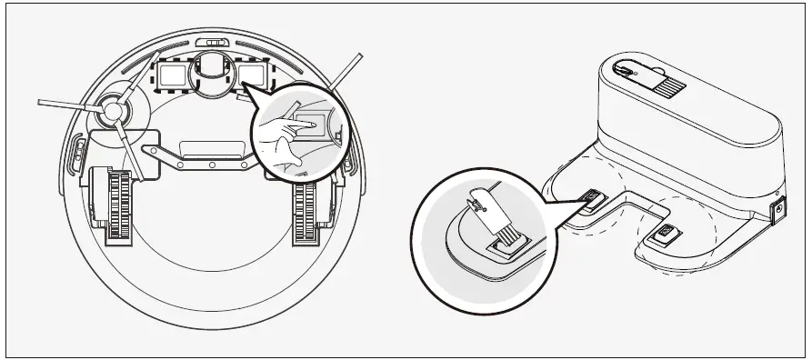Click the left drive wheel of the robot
pyautogui.click(x=115, y=205)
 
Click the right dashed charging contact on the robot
pyautogui.click(x=254, y=75)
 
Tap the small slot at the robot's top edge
pyautogui.click(x=216, y=42)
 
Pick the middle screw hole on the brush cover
pyautogui.click(x=211, y=165)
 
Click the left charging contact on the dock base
pyautogui.click(x=592, y=198)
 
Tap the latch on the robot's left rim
pyautogui.click(x=73, y=160)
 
